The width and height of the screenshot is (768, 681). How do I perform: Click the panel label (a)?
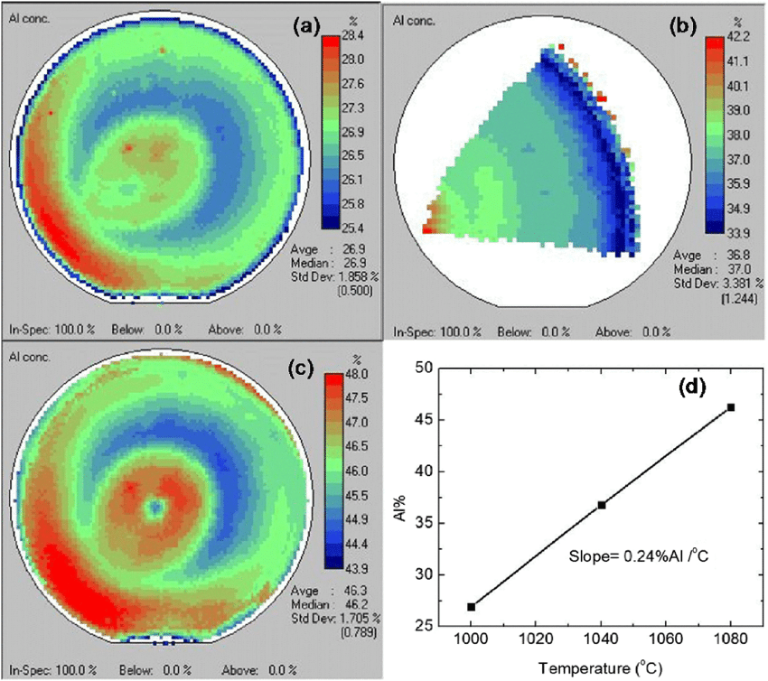pos(301,26)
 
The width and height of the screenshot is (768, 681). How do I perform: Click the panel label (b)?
pos(682,27)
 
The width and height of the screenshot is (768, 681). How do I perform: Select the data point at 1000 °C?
pos(472,607)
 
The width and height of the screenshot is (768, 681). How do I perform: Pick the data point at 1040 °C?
pos(602,505)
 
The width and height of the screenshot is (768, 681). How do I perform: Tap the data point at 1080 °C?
pos(731,407)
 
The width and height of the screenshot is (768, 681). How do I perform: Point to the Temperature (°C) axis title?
pos(602,669)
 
